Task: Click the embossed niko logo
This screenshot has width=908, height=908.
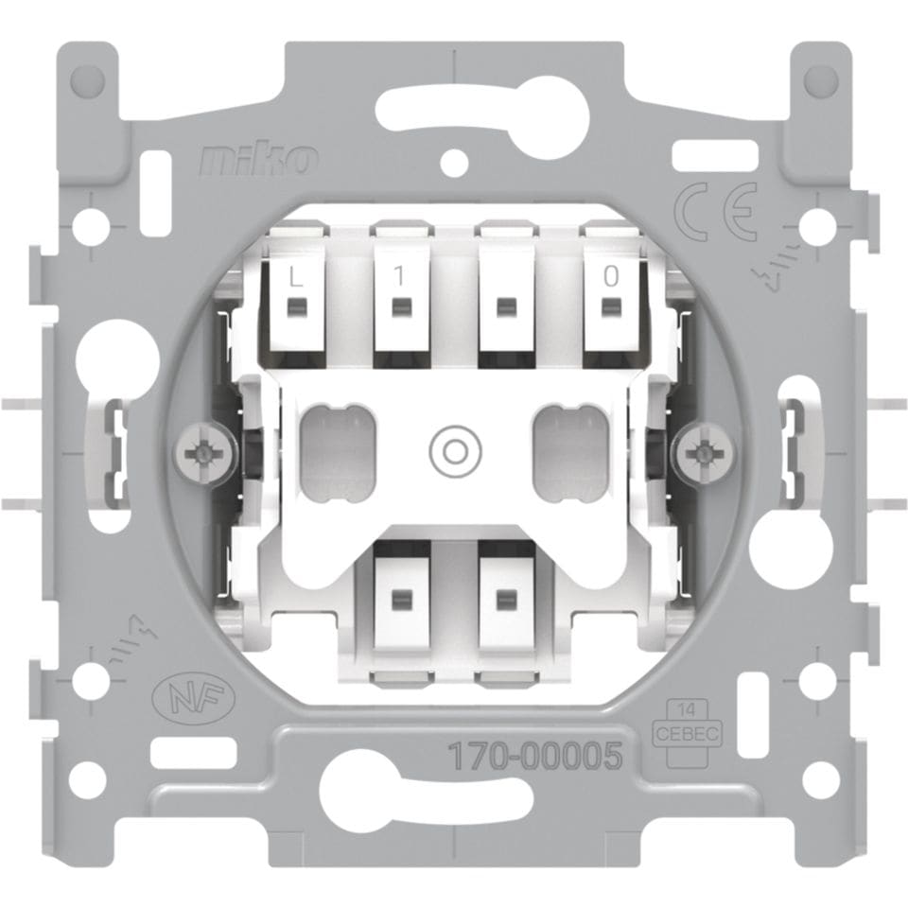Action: pos(258,159)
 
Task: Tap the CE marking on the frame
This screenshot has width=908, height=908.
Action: pos(716,211)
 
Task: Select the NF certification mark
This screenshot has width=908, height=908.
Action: pos(193,695)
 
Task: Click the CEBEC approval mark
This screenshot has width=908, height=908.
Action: pos(687,733)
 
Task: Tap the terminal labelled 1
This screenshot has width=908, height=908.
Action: pos(401,306)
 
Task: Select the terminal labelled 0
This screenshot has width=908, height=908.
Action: pos(610,306)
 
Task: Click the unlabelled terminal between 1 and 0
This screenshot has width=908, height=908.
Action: pos(506,306)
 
